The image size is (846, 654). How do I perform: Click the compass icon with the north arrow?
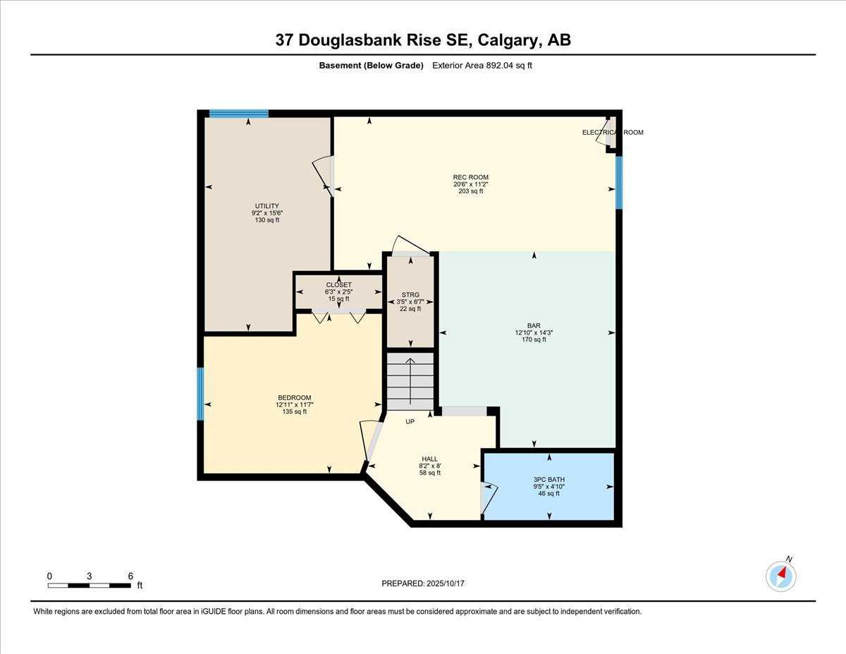[x=780, y=576]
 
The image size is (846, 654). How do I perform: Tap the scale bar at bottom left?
[x=90, y=585]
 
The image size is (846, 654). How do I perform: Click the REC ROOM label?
[x=470, y=177]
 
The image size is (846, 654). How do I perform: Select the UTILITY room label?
[x=267, y=206]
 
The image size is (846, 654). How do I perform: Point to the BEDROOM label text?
[x=294, y=398]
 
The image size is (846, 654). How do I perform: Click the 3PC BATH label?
[x=548, y=480]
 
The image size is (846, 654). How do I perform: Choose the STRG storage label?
[x=410, y=295]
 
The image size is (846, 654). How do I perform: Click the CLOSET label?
[x=338, y=285]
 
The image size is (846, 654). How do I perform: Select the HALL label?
[x=429, y=459]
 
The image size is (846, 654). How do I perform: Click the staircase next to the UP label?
[x=410, y=381]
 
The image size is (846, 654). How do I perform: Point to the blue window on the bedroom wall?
[x=201, y=394]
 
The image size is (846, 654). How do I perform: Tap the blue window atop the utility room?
[x=239, y=114]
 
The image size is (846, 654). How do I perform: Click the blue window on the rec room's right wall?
[x=619, y=182]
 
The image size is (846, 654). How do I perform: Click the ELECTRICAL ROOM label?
[x=612, y=133]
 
